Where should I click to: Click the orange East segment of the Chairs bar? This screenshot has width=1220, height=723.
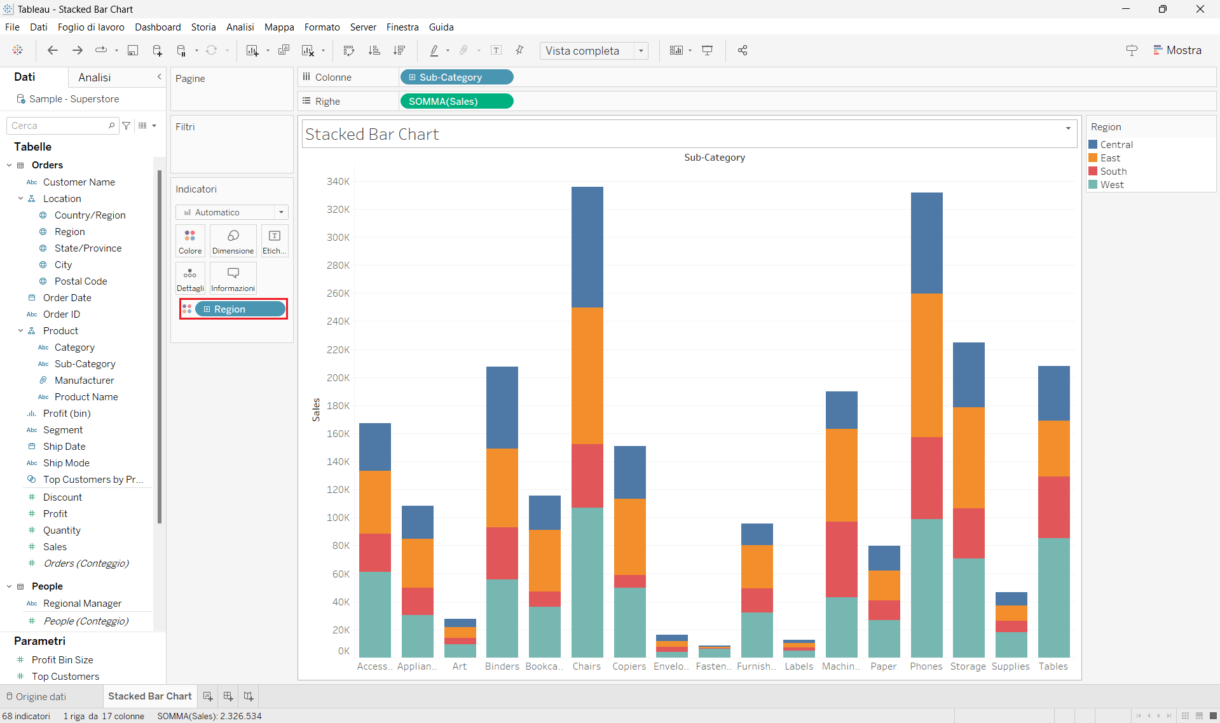tap(587, 375)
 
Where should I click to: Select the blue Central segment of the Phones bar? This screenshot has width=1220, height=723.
tap(926, 242)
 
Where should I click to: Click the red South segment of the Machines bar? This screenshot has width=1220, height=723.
tap(841, 558)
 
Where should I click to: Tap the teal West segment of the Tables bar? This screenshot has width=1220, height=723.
tap(1053, 597)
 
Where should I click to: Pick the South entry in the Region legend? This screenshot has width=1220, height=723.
tap(1113, 172)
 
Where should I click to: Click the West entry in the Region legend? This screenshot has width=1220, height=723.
tap(1112, 185)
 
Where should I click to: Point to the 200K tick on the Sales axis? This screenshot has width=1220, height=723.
tap(338, 377)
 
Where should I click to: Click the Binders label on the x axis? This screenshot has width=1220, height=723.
tap(502, 666)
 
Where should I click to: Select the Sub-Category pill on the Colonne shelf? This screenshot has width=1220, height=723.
tap(456, 78)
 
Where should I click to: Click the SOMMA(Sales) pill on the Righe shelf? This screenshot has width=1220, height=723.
tap(456, 102)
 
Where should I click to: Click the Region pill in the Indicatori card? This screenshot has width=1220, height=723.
tap(240, 309)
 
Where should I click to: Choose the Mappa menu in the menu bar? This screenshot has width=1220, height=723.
tap(279, 27)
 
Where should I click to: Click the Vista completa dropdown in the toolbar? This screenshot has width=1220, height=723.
tap(593, 51)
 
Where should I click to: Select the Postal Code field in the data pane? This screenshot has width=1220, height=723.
tap(81, 281)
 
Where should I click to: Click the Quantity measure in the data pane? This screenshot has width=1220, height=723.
tap(62, 530)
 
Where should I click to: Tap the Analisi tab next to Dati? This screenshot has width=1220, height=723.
tap(94, 78)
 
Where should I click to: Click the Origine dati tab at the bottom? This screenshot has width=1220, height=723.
tap(41, 697)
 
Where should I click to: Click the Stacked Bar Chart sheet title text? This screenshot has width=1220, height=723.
tap(372, 135)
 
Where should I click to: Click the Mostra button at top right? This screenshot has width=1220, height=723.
tap(1177, 50)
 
